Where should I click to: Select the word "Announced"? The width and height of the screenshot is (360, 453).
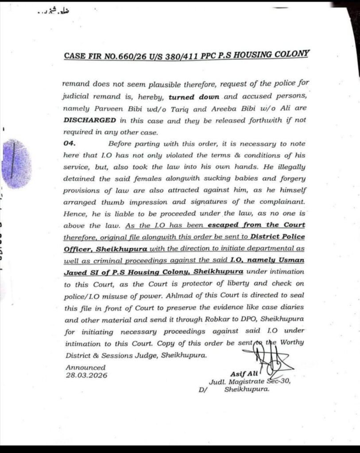tap(85, 367)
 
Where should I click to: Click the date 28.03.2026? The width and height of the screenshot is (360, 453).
tap(86, 375)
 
